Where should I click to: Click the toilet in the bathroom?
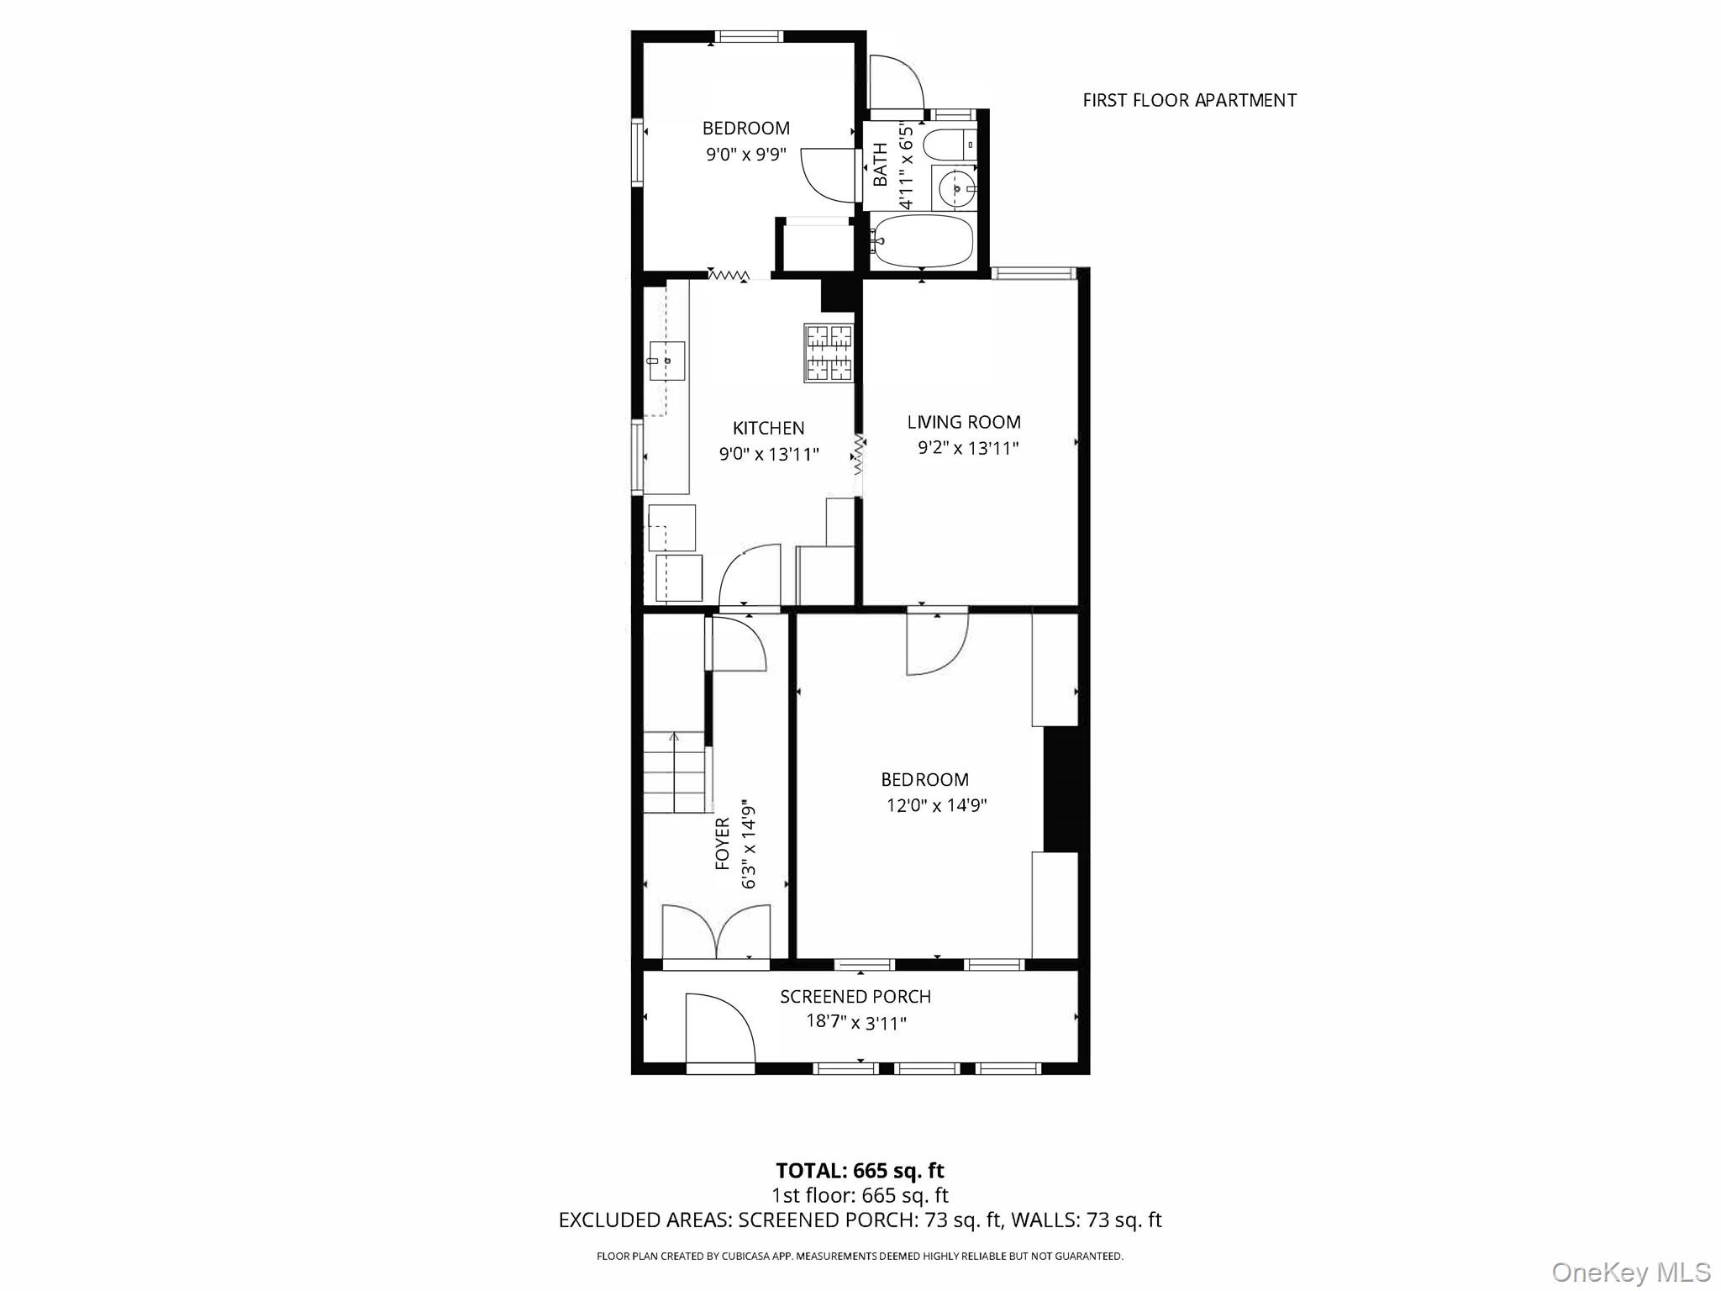click(950, 145)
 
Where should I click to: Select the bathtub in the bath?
click(923, 241)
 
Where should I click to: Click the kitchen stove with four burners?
click(829, 353)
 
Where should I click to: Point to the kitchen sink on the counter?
click(666, 361)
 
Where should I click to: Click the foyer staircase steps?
click(674, 772)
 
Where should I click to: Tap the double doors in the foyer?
click(716, 931)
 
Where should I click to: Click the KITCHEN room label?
click(768, 428)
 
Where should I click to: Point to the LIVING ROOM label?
click(964, 422)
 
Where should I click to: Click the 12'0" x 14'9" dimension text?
click(936, 805)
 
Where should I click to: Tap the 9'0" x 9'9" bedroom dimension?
click(746, 155)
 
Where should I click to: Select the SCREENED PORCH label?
click(855, 997)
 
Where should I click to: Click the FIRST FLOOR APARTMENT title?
click(1189, 101)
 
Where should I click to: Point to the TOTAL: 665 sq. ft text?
click(860, 1171)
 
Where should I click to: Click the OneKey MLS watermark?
click(1630, 1272)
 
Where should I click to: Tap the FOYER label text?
click(723, 843)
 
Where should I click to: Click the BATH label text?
click(880, 164)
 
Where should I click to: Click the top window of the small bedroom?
click(750, 36)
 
